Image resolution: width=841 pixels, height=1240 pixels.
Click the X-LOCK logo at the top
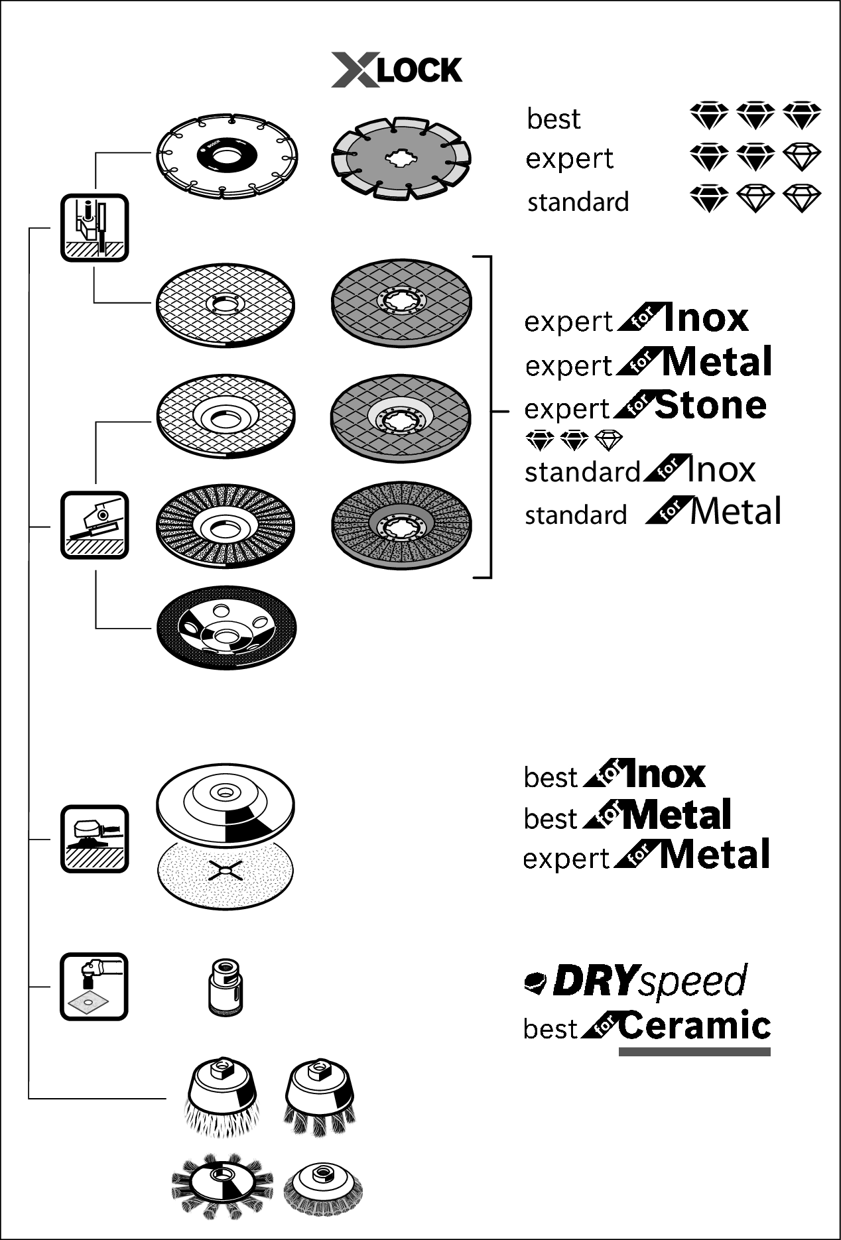click(x=397, y=70)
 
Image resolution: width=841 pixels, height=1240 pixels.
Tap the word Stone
click(x=710, y=405)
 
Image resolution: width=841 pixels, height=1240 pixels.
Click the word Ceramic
click(x=694, y=1025)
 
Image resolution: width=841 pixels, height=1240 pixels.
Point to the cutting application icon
click(x=94, y=227)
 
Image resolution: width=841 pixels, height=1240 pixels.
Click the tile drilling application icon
click(x=94, y=986)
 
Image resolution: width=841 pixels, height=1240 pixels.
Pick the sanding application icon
click(x=94, y=839)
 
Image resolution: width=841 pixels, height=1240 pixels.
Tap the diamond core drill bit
click(x=225, y=986)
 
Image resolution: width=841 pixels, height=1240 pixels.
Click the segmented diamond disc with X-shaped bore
click(x=401, y=158)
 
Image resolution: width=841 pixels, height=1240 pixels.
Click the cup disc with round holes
click(x=226, y=628)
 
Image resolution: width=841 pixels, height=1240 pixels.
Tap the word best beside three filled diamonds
click(x=553, y=119)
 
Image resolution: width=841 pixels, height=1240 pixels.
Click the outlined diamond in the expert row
click(x=802, y=158)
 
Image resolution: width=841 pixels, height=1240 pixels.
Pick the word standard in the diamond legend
click(x=578, y=202)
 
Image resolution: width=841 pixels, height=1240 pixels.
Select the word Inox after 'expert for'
click(x=705, y=318)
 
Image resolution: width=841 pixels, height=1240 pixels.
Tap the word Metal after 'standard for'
click(x=735, y=512)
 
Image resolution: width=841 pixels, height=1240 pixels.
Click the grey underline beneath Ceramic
click(x=694, y=1052)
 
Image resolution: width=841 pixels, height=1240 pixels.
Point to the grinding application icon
click(x=94, y=525)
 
